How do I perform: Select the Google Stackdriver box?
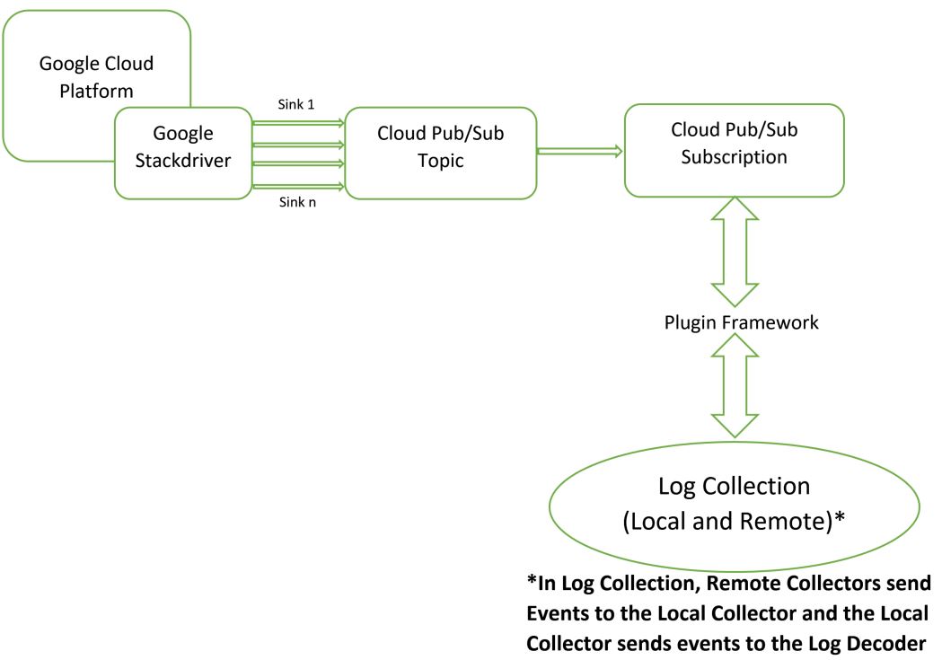pyautogui.click(x=183, y=153)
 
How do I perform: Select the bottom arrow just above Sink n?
pyautogui.click(x=297, y=186)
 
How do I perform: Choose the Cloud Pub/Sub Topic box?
pyautogui.click(x=440, y=153)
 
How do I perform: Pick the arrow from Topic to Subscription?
pyautogui.click(x=579, y=152)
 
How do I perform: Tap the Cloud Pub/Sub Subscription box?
pyautogui.click(x=734, y=150)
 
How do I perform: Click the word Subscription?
pyautogui.click(x=734, y=156)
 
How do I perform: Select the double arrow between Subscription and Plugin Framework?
pyautogui.click(x=734, y=252)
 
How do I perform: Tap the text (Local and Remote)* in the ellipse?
pyautogui.click(x=734, y=521)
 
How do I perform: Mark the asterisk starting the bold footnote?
pyautogui.click(x=532, y=583)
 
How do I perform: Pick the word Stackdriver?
pyautogui.click(x=183, y=165)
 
